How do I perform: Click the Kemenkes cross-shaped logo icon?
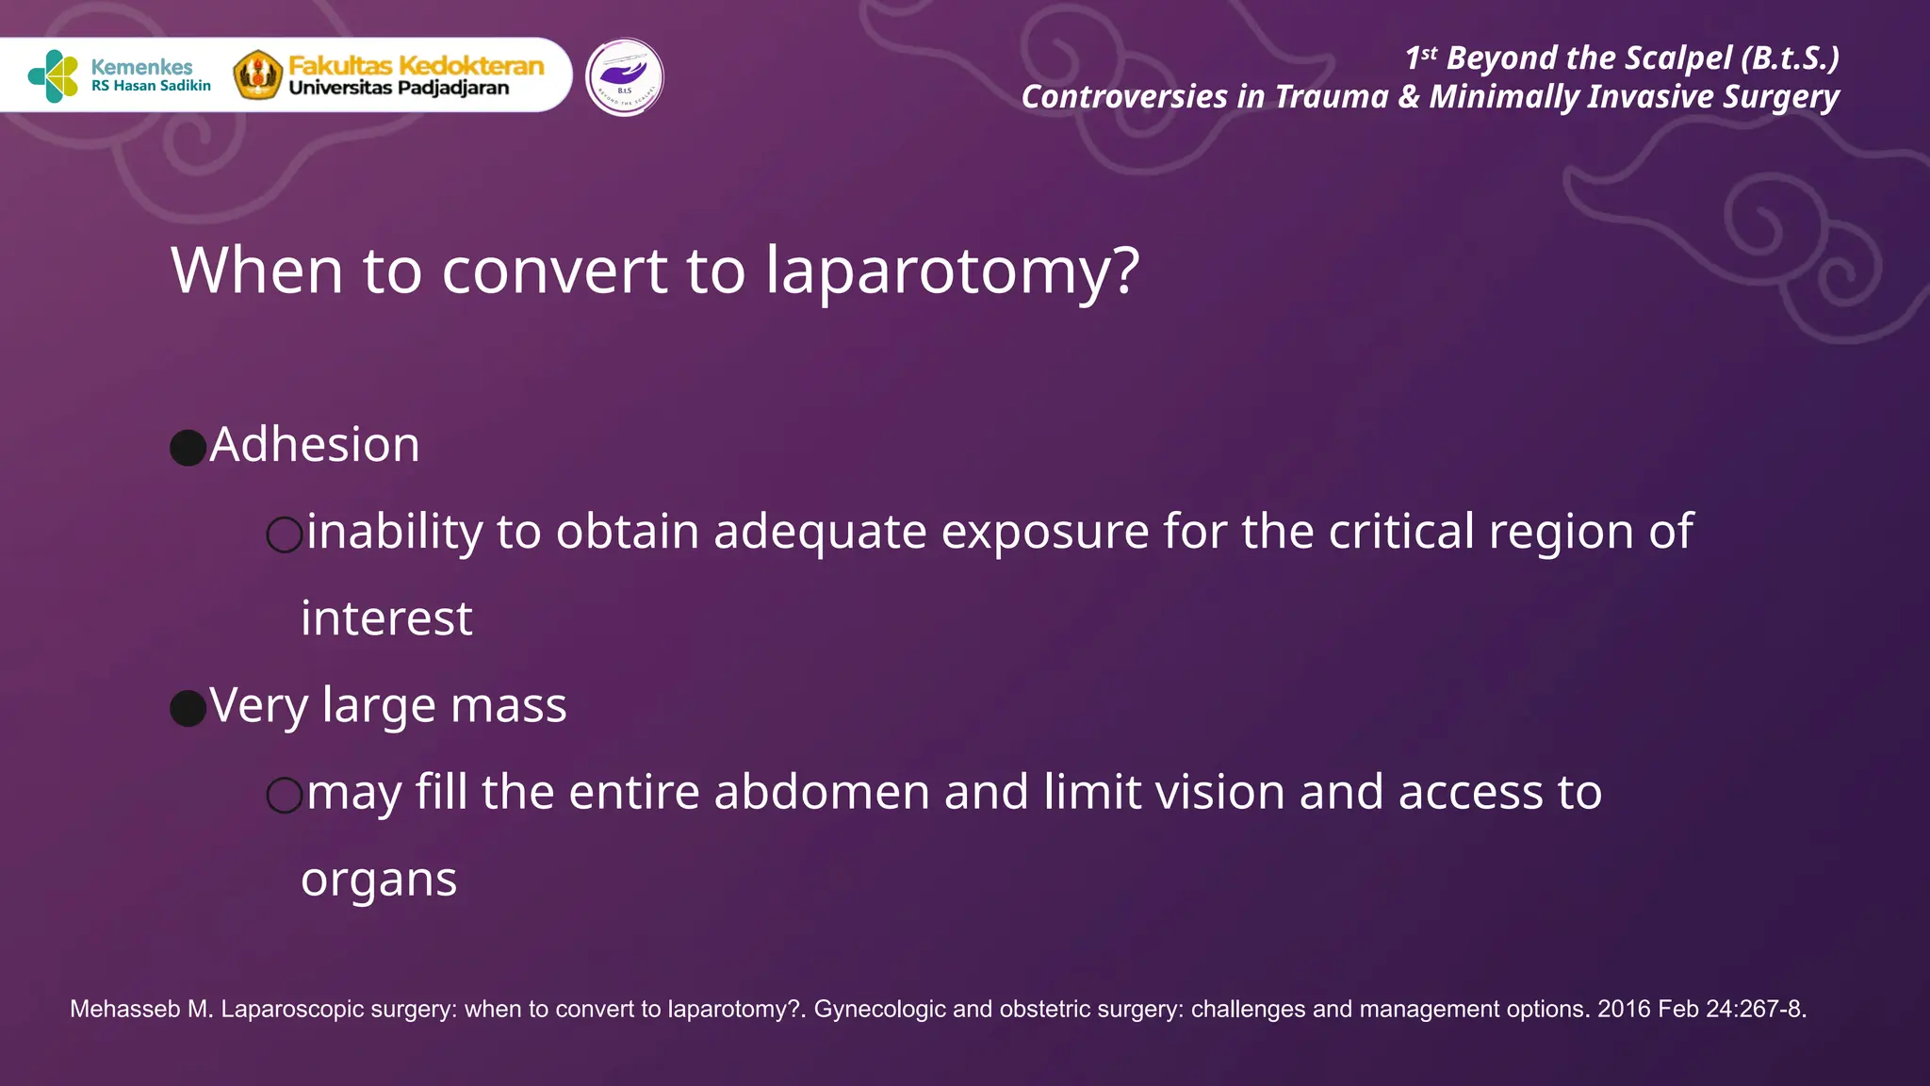(x=54, y=76)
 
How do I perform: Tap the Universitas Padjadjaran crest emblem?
(x=257, y=75)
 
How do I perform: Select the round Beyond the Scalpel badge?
(x=624, y=77)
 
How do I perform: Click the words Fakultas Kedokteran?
(x=416, y=65)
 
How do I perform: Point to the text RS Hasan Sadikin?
(x=151, y=86)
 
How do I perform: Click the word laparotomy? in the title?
(x=952, y=271)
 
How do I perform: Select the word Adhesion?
(x=315, y=445)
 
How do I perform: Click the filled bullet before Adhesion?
(x=188, y=448)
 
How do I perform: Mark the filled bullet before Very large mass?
(x=188, y=708)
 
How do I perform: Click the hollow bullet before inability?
(x=285, y=535)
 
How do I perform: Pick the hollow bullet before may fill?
(x=285, y=795)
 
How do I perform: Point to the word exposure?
(x=1044, y=533)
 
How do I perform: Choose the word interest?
(x=386, y=619)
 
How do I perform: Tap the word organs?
(x=379, y=880)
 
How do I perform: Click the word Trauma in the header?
(x=1332, y=97)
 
